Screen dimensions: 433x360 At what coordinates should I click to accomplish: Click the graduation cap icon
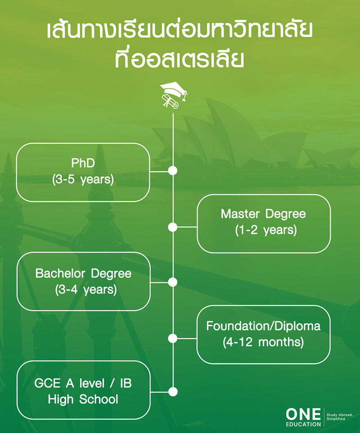(173, 95)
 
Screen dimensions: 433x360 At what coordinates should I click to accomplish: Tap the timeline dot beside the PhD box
(173, 171)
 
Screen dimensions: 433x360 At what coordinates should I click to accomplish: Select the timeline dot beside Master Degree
(173, 227)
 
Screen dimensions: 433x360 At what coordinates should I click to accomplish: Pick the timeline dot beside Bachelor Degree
(173, 282)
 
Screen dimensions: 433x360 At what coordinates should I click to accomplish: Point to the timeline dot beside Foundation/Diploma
(173, 338)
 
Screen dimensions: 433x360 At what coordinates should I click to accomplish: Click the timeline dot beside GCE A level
(173, 391)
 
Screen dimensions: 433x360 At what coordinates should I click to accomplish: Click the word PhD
(83, 163)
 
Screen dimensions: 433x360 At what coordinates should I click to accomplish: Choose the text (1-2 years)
(264, 230)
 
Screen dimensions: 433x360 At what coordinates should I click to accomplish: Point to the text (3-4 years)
(86, 290)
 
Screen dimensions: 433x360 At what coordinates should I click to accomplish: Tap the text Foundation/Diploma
(263, 326)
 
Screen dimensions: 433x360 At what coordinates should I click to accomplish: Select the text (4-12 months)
(263, 342)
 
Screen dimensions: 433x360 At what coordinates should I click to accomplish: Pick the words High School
(83, 399)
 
